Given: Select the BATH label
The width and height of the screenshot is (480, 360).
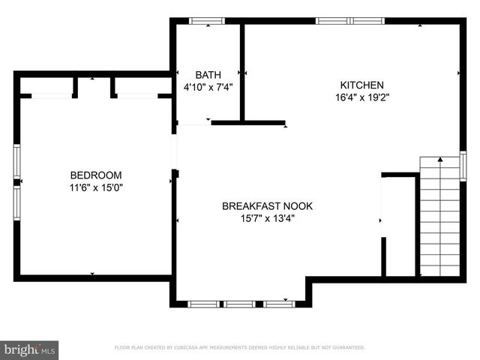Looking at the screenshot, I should point(208,74).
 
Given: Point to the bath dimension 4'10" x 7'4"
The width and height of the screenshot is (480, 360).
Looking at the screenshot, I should point(208,86).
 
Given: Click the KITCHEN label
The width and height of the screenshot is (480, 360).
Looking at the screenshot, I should point(362,85).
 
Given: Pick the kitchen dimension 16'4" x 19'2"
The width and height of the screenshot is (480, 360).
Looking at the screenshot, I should point(362,97).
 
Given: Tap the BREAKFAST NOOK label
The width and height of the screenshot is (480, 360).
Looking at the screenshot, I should point(267,206).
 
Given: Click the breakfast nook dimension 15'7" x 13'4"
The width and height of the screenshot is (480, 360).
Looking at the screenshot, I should point(267,219).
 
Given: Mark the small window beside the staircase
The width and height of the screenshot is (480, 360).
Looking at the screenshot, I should point(463,163).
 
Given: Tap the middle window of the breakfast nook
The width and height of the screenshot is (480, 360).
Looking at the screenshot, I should point(240,304).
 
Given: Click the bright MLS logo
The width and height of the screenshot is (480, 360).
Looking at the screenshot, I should point(30,349).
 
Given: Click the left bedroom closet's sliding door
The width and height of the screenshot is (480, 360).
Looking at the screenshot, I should point(52,95).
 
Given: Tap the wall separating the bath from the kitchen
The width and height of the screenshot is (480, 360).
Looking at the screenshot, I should point(241,71).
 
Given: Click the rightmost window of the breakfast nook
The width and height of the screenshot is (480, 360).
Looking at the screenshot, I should point(277,304).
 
